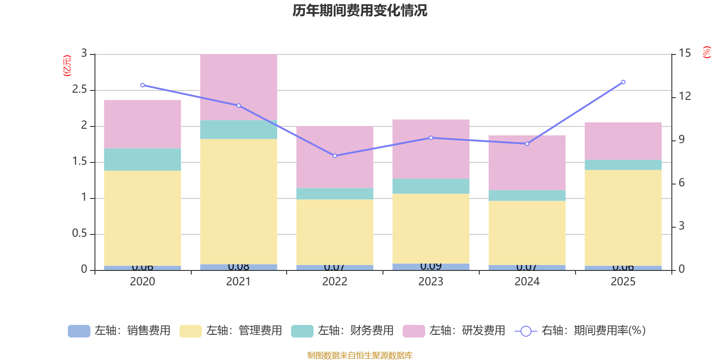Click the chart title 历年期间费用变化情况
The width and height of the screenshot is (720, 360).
[360, 10]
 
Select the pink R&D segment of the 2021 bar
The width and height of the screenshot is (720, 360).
[238, 87]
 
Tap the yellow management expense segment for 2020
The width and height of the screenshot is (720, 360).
[143, 218]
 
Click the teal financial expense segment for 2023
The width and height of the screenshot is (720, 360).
[431, 186]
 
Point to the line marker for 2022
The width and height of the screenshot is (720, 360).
[335, 156]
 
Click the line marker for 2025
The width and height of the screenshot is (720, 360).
[623, 82]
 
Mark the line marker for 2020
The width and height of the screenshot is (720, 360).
[143, 85]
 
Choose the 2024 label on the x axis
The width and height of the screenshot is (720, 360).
[527, 282]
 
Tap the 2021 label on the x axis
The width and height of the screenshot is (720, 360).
[238, 282]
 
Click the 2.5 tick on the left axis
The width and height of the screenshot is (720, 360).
[80, 90]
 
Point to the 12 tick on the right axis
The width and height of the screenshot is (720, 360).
[685, 96]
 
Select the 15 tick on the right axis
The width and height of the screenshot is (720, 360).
[685, 53]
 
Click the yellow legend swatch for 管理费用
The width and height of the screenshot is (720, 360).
[190, 331]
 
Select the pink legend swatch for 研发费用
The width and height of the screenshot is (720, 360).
[414, 331]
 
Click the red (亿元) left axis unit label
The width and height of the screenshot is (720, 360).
[67, 66]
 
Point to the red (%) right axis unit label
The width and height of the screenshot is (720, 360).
[707, 52]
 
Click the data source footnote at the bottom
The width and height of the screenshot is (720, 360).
[360, 355]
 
